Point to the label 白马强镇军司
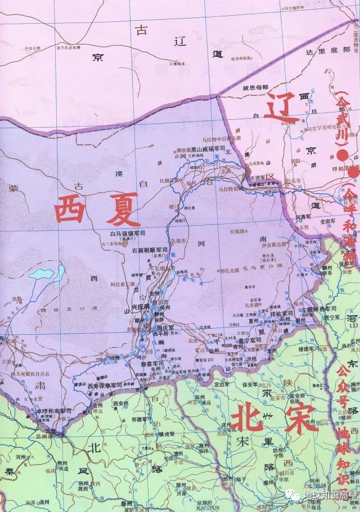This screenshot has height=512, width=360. (x=128, y=232)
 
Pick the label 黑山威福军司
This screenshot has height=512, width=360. (x=210, y=149)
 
